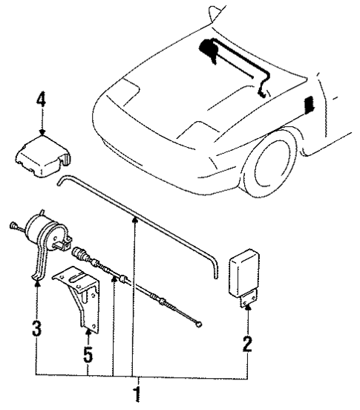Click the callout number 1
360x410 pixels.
pyautogui.click(x=136, y=391)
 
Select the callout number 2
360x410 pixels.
pyautogui.click(x=247, y=344)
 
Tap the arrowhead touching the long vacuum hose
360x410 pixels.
pyautogui.click(x=135, y=219)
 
